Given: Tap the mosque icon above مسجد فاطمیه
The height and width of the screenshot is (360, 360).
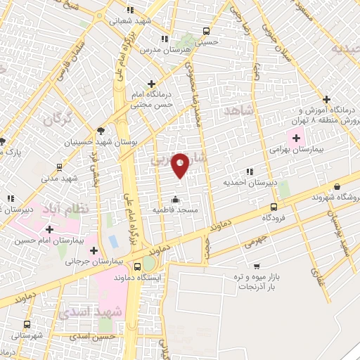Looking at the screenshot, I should [x=175, y=198].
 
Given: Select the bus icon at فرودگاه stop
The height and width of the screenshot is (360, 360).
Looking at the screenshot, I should [x=274, y=207].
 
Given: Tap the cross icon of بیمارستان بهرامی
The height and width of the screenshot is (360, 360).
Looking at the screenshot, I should [x=294, y=134].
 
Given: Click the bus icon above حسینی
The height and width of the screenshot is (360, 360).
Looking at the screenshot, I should [x=206, y=31].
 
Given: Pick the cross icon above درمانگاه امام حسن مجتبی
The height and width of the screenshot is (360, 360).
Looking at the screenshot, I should [x=151, y=84].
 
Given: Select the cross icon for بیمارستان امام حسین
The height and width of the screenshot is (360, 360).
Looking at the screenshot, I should [x=49, y=229].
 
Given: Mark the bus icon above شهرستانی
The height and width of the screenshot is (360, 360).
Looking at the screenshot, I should [x=27, y=324].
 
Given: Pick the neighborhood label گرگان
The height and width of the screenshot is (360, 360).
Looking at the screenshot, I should [x=58, y=120].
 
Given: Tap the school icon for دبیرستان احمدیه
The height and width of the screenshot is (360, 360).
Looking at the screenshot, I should [x=249, y=171].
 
